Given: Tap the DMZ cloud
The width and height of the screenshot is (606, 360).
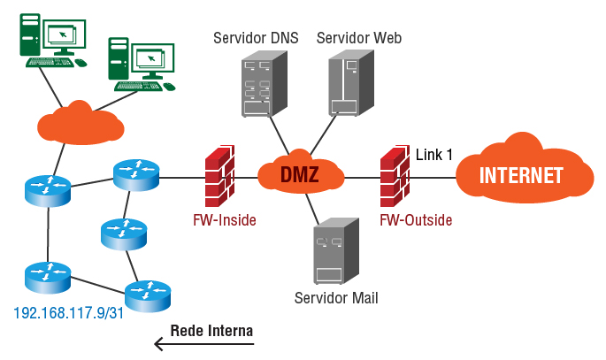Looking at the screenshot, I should coord(299,173).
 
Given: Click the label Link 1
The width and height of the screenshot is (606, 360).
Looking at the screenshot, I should coord(434,155).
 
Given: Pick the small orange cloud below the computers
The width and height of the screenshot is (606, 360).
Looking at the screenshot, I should coord(80,123).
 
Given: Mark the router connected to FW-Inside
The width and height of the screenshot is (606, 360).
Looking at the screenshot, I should coord(136,173).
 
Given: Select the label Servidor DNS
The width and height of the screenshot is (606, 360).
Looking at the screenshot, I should coord(256,38).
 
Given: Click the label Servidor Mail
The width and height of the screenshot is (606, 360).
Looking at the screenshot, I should coord(336,297).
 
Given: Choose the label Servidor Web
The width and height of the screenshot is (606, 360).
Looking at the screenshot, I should coord(359,38).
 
